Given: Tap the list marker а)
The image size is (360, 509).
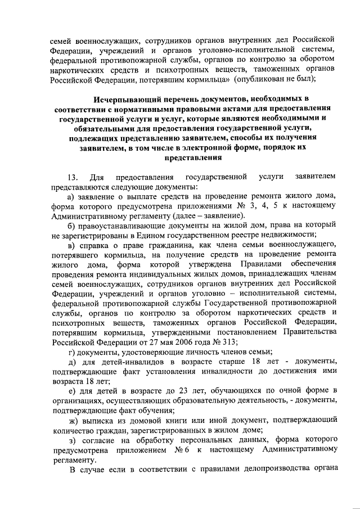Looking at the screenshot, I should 71,195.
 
